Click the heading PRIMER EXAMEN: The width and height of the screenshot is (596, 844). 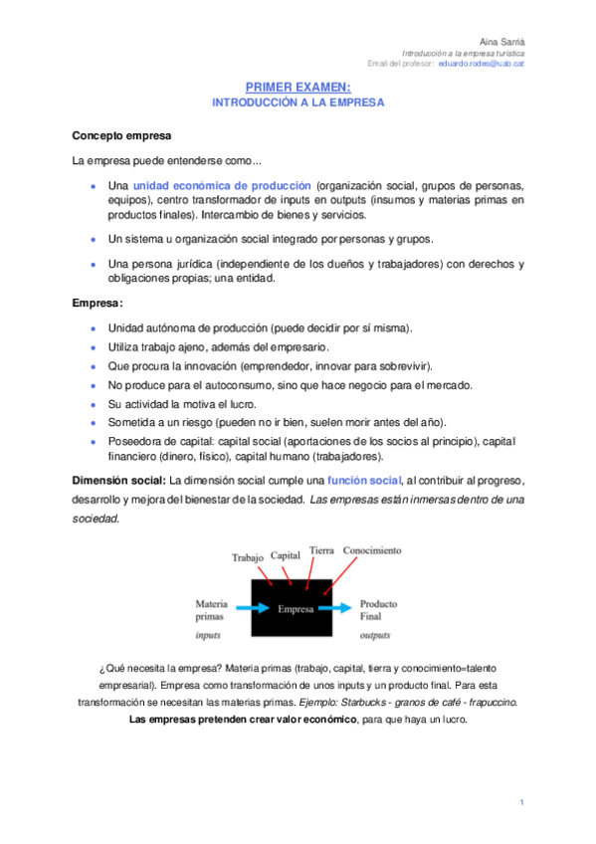point(298,89)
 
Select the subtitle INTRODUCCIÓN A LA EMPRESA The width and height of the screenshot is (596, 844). point(298,103)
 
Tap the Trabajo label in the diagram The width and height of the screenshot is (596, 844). point(247,557)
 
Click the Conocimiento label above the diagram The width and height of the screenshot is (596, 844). point(372,550)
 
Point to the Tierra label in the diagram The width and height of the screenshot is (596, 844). point(321,550)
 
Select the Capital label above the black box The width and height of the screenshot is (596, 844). point(285,554)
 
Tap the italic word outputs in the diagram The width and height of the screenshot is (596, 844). point(375,633)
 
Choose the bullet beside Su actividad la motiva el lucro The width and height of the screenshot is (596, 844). point(94,404)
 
